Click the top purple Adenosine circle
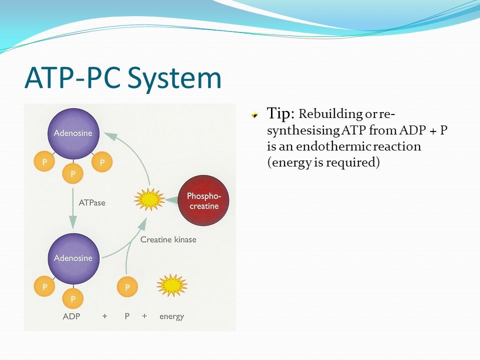(x=73, y=133)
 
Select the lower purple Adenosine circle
(x=73, y=258)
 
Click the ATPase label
(x=92, y=203)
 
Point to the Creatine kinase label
(x=168, y=239)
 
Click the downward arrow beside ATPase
(x=73, y=207)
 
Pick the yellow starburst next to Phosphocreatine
(x=149, y=199)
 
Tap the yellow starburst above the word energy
(x=171, y=285)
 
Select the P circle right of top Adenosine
(x=102, y=162)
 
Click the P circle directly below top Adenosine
(x=73, y=174)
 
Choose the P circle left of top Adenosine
(x=44, y=162)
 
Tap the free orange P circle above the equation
(x=127, y=287)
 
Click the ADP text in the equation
(x=71, y=316)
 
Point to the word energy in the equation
(x=171, y=316)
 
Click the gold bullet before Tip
(x=256, y=114)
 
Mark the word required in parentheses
(x=354, y=162)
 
